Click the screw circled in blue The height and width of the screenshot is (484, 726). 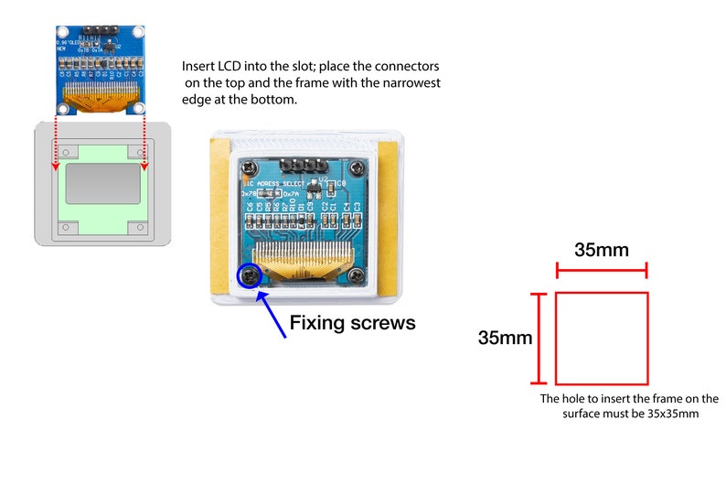point(247,275)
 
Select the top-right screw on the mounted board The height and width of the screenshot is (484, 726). point(357,167)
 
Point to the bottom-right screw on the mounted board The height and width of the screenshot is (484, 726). point(358,274)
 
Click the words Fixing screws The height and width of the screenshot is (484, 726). point(352,323)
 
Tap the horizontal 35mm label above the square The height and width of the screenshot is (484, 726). point(601,250)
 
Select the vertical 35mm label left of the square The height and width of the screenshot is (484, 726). point(505,338)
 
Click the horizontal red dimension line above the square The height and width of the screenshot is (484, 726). point(601,270)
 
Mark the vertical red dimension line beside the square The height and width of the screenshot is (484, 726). point(539,339)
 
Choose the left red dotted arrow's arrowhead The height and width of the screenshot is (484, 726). point(54,167)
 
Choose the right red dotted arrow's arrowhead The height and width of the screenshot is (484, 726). point(144,167)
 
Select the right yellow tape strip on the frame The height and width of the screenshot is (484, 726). point(388,220)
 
